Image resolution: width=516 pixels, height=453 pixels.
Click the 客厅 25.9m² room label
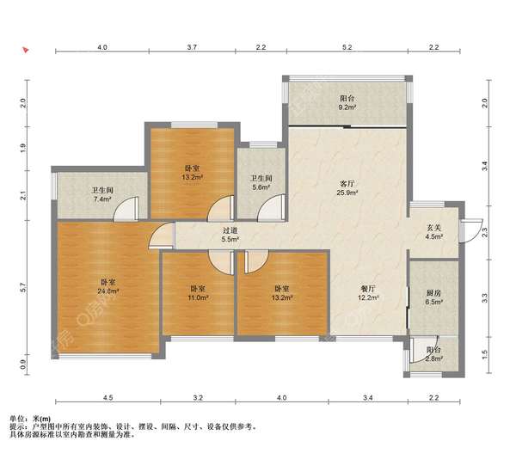coord(347,188)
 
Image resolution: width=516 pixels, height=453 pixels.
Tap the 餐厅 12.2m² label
coord(368,293)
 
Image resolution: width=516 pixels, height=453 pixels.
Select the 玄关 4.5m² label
coord(434,231)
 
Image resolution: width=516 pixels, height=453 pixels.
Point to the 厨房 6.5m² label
coord(433,297)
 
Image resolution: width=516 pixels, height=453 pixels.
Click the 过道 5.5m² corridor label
coord(230,235)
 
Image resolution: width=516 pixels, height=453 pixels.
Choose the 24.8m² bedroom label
coord(108,286)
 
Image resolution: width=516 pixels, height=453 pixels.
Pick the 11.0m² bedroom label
coord(198,293)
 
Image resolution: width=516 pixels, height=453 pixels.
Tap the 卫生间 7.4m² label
coord(102,194)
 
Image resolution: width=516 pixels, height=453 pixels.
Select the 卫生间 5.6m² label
coord(261,182)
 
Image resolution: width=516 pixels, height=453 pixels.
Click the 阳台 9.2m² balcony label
coord(347,102)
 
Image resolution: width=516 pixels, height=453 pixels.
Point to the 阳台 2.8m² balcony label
coord(433,354)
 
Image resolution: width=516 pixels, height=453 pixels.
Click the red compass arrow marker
coord(26,50)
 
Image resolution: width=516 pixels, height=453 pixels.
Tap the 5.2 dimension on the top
coord(347,47)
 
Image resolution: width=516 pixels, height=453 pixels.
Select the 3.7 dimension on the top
coord(192,47)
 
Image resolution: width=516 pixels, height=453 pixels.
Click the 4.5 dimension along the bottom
coord(108,398)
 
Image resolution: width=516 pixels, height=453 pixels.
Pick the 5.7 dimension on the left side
coord(22,287)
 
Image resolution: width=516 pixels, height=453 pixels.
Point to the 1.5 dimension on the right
coord(485,354)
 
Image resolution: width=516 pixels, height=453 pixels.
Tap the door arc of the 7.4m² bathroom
coord(126,208)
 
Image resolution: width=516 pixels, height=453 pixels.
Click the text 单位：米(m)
coord(30,419)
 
